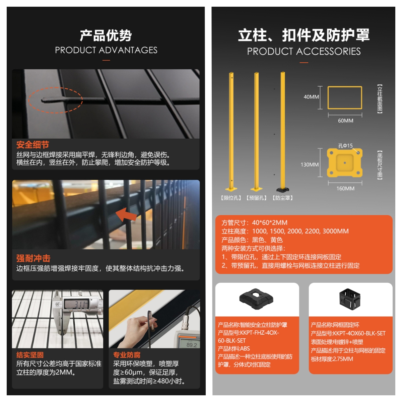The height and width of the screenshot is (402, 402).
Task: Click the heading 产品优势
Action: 106,35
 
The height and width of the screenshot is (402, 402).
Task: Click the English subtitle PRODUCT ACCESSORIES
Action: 304,51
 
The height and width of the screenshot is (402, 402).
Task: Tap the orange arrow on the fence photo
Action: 126,214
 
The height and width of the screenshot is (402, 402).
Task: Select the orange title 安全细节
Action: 33,144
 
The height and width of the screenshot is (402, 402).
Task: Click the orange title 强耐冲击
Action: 33,258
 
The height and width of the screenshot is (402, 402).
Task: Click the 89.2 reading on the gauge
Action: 192,345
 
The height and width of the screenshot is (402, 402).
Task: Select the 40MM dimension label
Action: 311,97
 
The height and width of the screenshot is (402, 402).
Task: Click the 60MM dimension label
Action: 345,121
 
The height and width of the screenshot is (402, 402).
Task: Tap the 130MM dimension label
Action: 310,164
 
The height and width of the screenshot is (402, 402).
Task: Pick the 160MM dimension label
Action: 345,188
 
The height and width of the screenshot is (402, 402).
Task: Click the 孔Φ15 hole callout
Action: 345,146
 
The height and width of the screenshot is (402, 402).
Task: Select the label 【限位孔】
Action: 231,198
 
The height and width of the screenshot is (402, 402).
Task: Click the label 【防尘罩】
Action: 283,198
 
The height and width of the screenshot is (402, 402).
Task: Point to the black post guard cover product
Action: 256,299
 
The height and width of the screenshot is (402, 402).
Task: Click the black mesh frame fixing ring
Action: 350,299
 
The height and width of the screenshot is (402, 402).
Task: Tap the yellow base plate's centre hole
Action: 345,163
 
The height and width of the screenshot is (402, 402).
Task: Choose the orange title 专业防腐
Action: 127,355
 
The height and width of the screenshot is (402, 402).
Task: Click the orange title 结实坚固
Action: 30,355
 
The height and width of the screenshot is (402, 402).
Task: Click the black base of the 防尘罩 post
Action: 283,190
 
